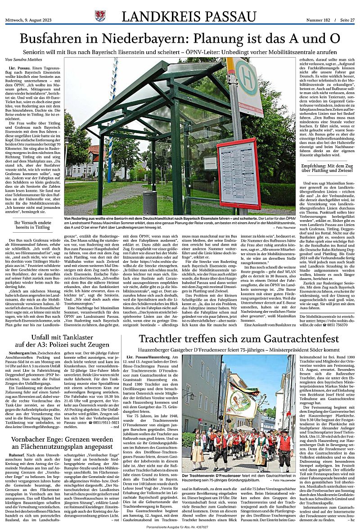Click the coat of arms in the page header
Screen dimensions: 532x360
(x=100, y=17)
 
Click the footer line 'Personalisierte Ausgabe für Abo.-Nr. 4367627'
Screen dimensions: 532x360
(x=180, y=527)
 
